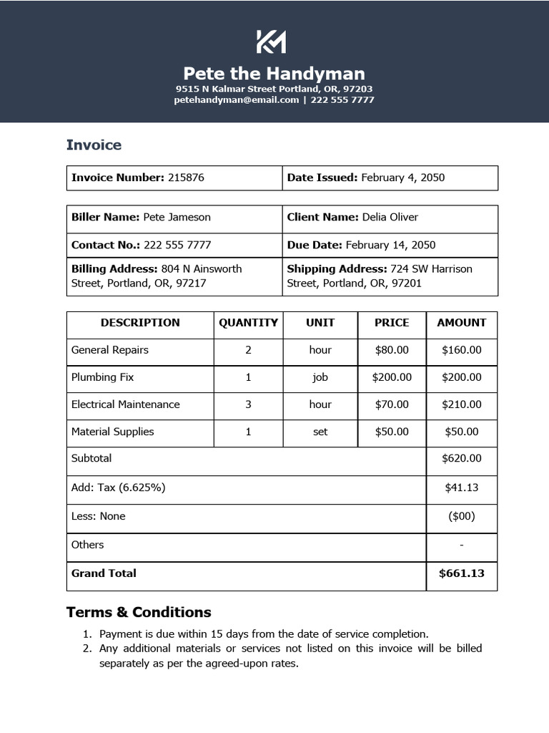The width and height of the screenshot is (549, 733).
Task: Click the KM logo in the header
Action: pos(271,42)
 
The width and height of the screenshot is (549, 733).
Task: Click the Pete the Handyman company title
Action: pos(274,74)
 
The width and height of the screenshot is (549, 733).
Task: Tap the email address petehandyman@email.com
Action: pos(236,100)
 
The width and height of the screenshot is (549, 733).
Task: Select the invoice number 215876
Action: pos(186,178)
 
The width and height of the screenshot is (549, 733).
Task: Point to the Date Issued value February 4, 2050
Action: pos(402,178)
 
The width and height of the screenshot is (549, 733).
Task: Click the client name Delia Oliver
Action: pos(390,217)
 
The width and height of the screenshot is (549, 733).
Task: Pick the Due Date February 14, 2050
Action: pos(390,245)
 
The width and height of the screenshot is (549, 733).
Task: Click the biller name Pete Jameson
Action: pos(177,217)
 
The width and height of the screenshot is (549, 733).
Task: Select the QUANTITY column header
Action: pos(248,323)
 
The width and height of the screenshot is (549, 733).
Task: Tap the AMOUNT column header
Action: pos(461,323)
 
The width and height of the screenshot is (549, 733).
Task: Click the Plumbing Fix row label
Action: pos(102,377)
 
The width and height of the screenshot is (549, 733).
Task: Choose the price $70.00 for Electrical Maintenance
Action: pos(392,404)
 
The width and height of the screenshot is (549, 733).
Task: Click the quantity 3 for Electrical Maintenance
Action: pos(248,404)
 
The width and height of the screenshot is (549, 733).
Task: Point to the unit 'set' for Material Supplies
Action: pos(320,432)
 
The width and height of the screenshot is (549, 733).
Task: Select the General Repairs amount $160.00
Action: pos(461,350)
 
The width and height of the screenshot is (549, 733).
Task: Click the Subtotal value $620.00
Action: pos(461,459)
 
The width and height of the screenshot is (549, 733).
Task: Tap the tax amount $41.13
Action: pos(461,487)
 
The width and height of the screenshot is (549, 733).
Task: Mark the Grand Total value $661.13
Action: pos(461,573)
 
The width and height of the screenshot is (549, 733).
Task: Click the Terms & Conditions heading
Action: pos(139,612)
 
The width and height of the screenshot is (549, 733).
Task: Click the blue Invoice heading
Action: pos(94,145)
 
